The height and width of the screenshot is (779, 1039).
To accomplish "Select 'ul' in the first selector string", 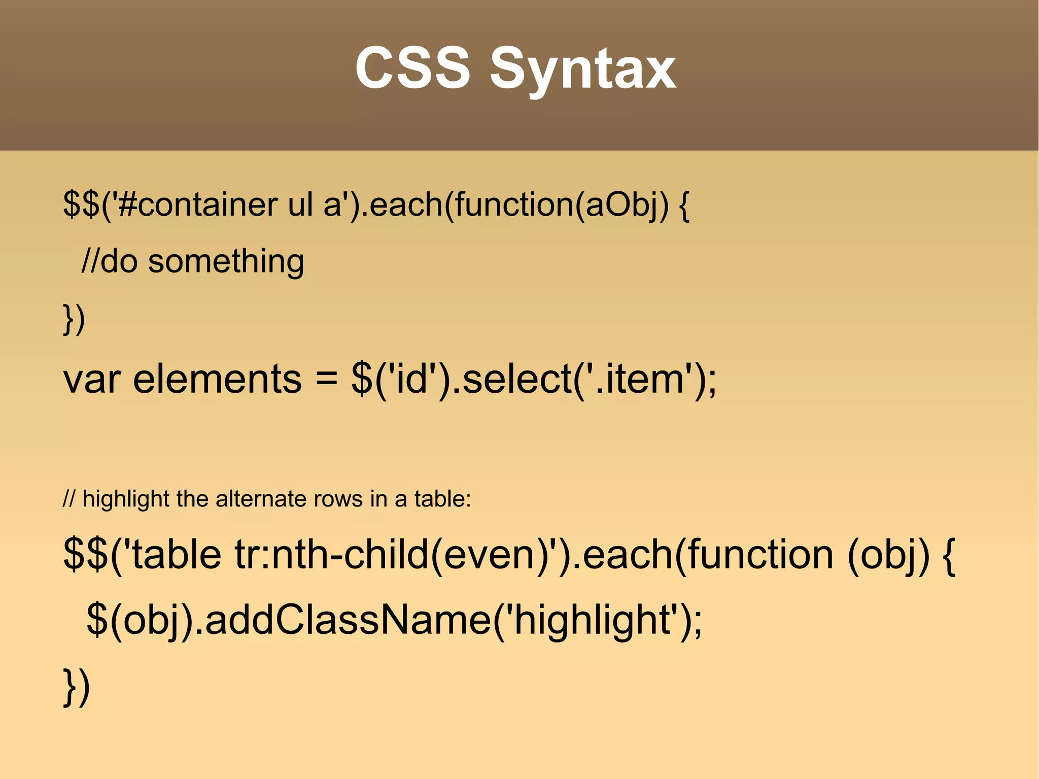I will pyautogui.click(x=300, y=205).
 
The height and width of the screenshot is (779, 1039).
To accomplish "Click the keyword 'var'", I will pyautogui.click(x=92, y=380).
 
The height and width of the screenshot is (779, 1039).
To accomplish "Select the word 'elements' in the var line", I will pyautogui.click(x=217, y=380).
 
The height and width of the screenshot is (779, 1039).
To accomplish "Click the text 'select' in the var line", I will pyautogui.click(x=517, y=380).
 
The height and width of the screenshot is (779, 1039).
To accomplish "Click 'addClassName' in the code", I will pyautogui.click(x=348, y=620).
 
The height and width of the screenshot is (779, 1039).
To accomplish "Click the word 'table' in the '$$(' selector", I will pyautogui.click(x=176, y=554).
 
